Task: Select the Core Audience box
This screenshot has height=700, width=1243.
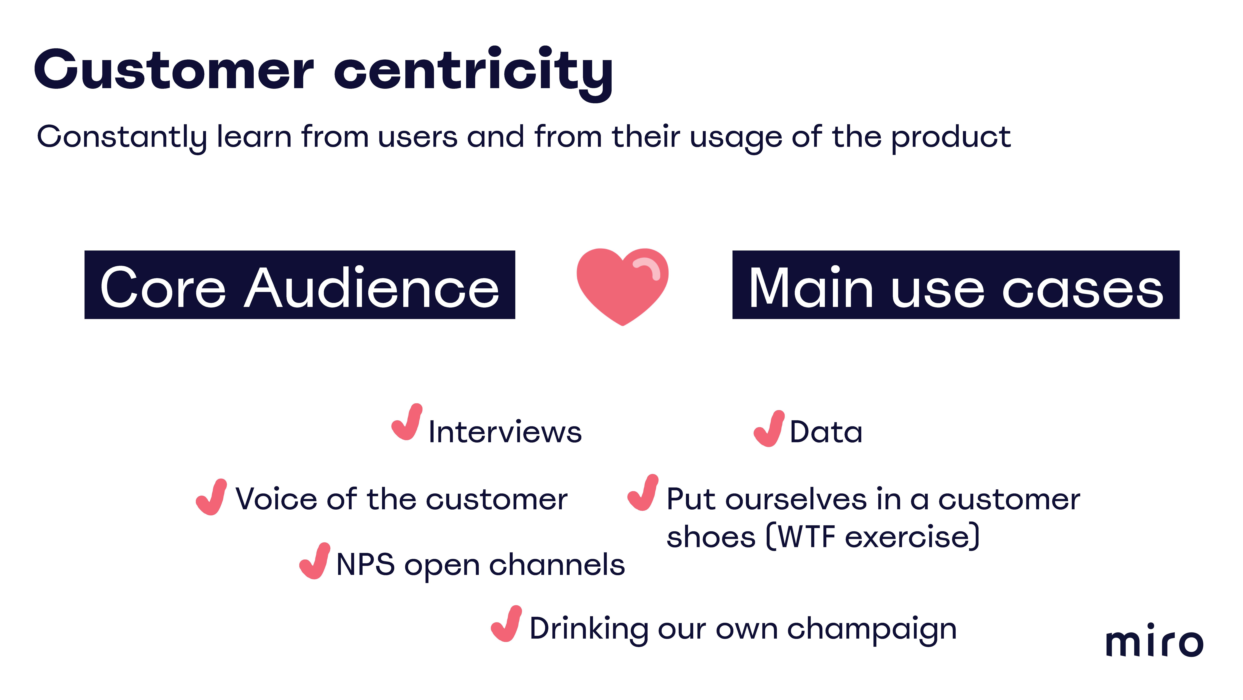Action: [300, 285]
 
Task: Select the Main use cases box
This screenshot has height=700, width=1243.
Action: [956, 285]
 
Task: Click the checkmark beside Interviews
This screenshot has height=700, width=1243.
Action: [407, 422]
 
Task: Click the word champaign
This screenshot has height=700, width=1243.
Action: [872, 630]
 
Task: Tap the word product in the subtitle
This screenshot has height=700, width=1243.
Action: [951, 138]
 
